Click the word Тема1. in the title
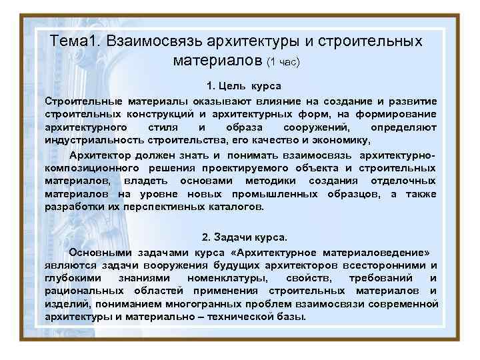tap(74, 41)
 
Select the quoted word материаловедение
tap(377, 253)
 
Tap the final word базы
tap(291, 317)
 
